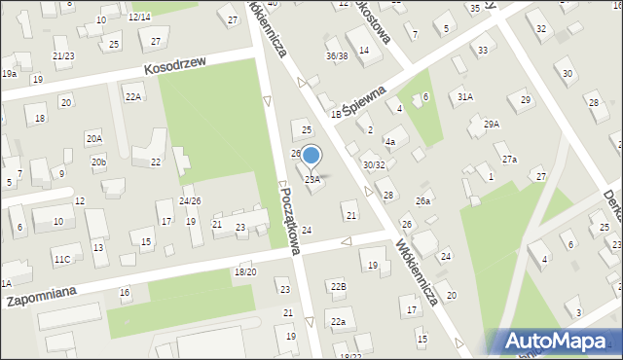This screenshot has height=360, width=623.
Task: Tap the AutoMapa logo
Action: click(555, 342)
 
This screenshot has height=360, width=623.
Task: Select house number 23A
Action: click(312, 180)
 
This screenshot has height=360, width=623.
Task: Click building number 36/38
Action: click(337, 56)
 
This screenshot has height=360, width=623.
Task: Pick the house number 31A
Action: click(465, 96)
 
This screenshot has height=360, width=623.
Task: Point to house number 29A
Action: click(491, 125)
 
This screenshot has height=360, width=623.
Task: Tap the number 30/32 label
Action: click(374, 165)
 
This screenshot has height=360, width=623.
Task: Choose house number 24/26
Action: click(190, 201)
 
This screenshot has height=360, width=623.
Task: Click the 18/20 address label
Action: click(244, 271)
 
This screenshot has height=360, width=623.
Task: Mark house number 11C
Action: click(62, 259)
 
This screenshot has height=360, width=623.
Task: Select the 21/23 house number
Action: click(63, 56)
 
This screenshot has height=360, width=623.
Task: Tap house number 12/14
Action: click(139, 18)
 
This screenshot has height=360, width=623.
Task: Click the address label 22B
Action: click(338, 286)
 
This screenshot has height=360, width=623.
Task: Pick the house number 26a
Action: click(422, 201)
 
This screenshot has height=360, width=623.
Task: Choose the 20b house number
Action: click(99, 162)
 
